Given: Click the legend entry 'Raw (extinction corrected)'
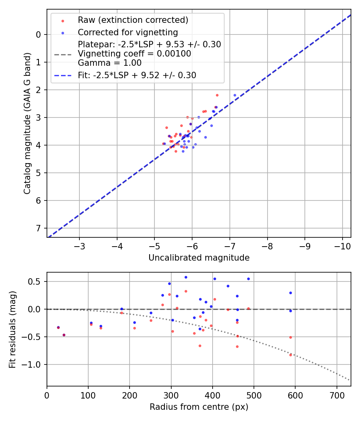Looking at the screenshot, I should pos(133,20).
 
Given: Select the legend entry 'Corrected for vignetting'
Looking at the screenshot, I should pos(128,32).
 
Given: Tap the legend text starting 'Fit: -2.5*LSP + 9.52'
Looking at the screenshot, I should pos(137,75).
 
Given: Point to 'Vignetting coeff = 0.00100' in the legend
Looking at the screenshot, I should pos(134,54).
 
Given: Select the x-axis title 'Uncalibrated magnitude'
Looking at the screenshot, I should pos(199,258).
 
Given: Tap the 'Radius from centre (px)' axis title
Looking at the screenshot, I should pos(199,407).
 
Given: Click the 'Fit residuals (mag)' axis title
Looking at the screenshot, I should pos(12,329).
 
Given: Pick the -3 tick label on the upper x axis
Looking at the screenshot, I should pos(79,245).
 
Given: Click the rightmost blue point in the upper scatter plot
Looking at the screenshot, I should pos(235,95).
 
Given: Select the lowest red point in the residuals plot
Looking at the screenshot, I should pos(290,355).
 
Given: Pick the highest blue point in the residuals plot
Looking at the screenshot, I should pos(186,277).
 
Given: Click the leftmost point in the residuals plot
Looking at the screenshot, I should pos(58,328).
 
